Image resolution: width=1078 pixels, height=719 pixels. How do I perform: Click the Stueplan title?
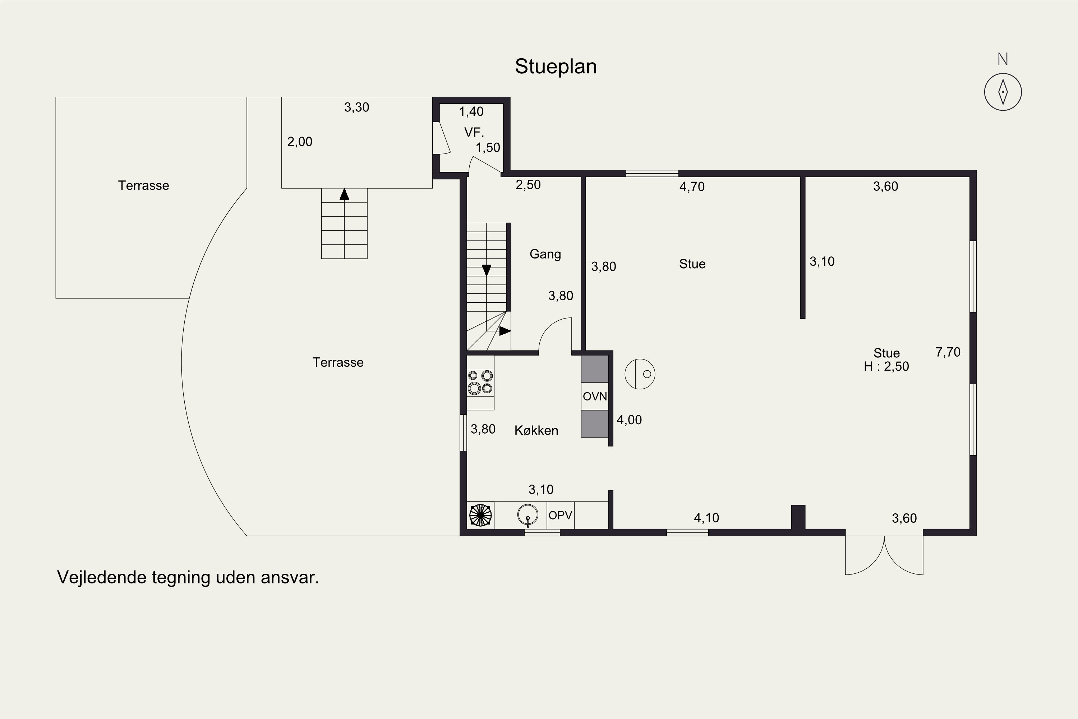556,67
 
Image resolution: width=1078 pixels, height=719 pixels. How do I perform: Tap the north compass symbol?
1003,92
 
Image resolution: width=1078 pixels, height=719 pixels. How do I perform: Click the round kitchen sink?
528,514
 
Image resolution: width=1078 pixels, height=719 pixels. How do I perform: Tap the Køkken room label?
536,430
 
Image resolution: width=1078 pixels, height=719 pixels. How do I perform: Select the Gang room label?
545,255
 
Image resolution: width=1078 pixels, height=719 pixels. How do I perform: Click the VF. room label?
474,133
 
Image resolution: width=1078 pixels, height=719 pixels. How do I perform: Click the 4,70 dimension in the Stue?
692,187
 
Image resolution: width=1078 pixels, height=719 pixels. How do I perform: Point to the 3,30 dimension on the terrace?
356,107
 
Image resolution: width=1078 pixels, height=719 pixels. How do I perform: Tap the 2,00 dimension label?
300,142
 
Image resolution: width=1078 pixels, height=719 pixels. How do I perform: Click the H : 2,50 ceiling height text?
886,366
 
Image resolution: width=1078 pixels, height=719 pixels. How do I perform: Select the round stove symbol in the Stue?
640,374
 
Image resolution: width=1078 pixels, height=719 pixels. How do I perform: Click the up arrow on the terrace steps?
344,194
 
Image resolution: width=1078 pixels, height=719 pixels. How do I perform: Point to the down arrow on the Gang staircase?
486,270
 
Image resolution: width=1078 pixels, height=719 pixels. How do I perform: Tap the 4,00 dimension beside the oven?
629,420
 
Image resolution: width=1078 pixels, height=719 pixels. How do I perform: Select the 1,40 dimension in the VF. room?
471,111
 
